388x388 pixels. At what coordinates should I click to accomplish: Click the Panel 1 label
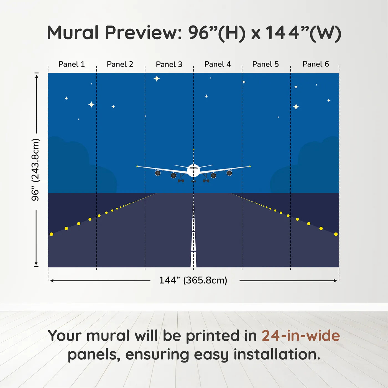72,64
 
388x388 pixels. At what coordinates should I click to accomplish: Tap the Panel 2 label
120,64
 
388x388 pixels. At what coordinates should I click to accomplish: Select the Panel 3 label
169,64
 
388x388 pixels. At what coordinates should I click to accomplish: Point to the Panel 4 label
217,64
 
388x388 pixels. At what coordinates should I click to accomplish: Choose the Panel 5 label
265,64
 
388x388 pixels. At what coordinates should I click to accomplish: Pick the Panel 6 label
315,64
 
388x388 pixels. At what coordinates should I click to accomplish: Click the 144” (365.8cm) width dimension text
193,280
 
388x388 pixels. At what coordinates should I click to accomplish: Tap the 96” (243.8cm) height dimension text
35,170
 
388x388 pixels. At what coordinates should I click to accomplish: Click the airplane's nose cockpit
193,168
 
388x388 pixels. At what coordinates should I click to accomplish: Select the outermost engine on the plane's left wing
158,173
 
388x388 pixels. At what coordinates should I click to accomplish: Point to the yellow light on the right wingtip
250,166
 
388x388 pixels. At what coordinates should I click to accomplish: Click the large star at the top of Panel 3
157,78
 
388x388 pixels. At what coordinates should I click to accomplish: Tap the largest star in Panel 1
91,104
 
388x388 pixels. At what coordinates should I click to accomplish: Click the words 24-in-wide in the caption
301,336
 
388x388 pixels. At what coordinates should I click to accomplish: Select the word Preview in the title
143,33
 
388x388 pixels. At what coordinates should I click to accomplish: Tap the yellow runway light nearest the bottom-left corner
52,234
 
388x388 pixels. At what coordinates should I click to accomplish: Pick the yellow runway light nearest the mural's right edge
336,234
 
